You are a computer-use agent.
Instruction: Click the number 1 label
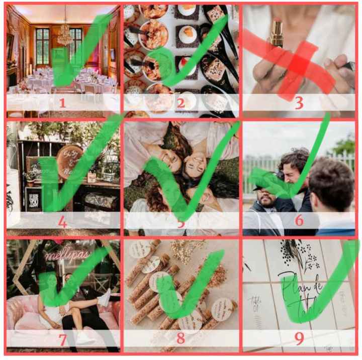click(x=63, y=103)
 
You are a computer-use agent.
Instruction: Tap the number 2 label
click(x=180, y=103)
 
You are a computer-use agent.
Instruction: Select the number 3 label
click(x=299, y=103)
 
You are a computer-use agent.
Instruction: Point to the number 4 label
click(x=63, y=221)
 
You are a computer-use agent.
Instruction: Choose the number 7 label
click(x=63, y=339)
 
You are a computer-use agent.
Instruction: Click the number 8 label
click(x=180, y=339)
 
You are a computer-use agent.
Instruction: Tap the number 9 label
click(x=299, y=339)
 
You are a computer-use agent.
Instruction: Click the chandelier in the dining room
click(x=64, y=34)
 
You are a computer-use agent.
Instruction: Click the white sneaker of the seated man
click(x=103, y=297)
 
